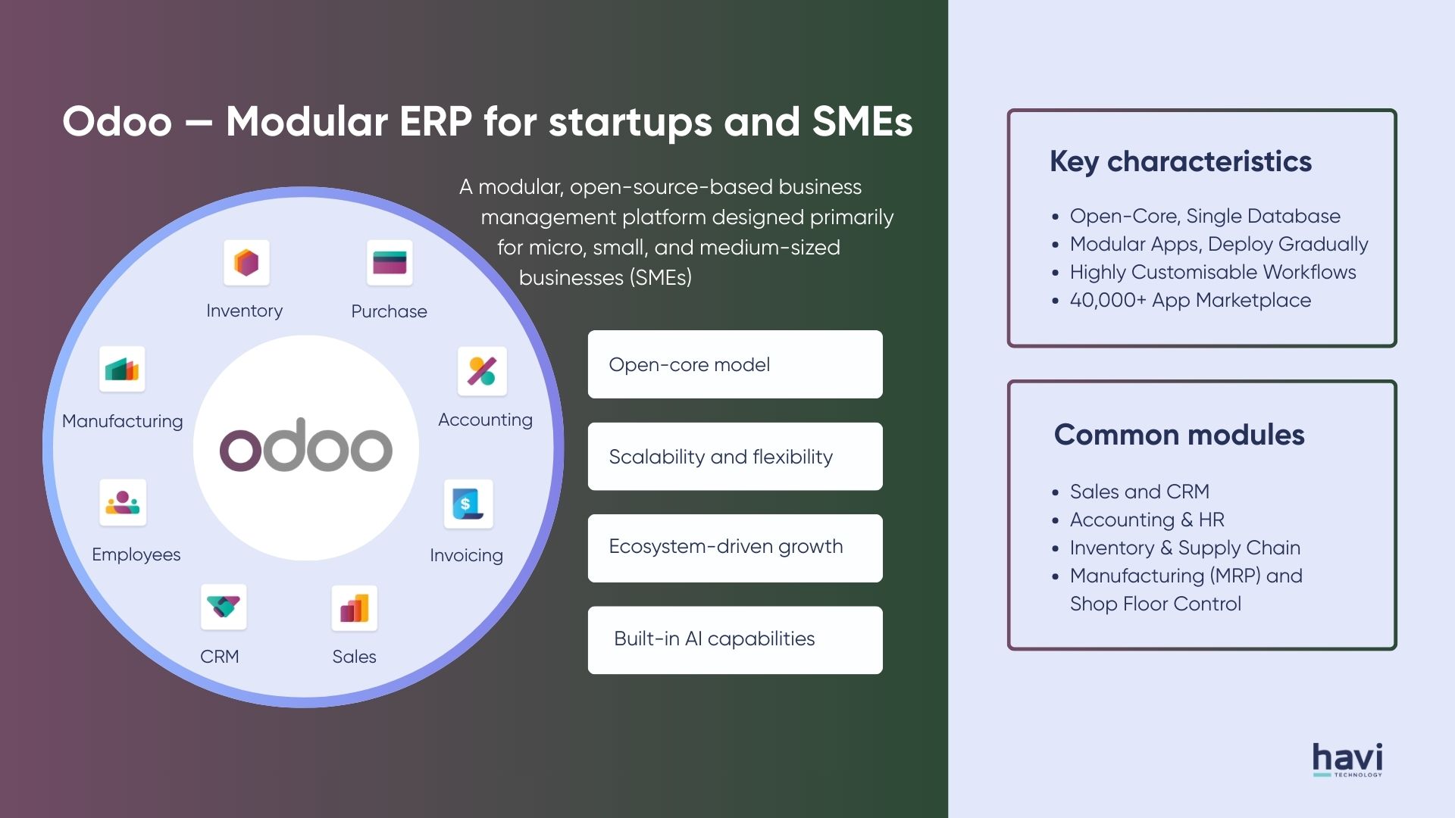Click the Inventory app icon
point(246,263)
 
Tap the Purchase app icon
point(390,263)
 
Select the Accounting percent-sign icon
point(482,371)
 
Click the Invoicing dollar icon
point(468,504)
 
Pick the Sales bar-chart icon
point(354,608)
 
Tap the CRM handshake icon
point(224,607)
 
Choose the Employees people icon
point(123,502)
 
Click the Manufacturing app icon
point(122,370)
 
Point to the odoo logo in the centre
point(306,447)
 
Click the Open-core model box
point(734,364)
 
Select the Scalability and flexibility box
point(734,457)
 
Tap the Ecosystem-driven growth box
point(734,548)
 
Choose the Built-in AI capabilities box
point(734,640)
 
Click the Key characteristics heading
point(1180,162)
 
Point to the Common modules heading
point(1179,436)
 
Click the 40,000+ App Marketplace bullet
point(1190,301)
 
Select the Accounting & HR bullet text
point(1147,520)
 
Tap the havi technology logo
point(1347,759)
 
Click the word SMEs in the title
point(862,123)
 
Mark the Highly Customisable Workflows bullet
point(1212,273)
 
